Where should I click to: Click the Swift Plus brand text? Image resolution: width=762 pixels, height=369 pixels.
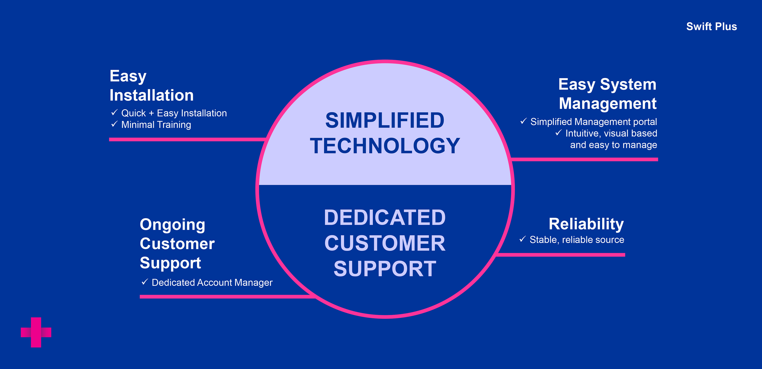pyautogui.click(x=711, y=27)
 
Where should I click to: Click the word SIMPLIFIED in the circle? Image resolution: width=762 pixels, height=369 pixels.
pyautogui.click(x=385, y=120)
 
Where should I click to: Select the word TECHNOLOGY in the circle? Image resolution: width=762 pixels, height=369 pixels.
pyautogui.click(x=385, y=146)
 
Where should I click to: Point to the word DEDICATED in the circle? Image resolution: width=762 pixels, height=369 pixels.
pyautogui.click(x=385, y=218)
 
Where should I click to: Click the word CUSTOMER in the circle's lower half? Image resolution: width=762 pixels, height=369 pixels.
pyautogui.click(x=385, y=243)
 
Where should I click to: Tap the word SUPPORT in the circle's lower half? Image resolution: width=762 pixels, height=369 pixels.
pyautogui.click(x=385, y=269)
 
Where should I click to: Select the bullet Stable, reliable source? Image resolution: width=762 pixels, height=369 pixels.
pyautogui.click(x=577, y=240)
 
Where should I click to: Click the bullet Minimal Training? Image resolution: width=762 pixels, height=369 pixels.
pyautogui.click(x=156, y=125)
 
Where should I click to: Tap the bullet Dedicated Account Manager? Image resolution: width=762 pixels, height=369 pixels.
pyautogui.click(x=212, y=282)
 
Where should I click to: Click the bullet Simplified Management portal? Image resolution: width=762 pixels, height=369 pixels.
pyautogui.click(x=594, y=122)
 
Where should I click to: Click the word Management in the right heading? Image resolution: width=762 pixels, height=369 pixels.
pyautogui.click(x=608, y=104)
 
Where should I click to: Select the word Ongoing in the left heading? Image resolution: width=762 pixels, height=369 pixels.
pyautogui.click(x=172, y=225)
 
